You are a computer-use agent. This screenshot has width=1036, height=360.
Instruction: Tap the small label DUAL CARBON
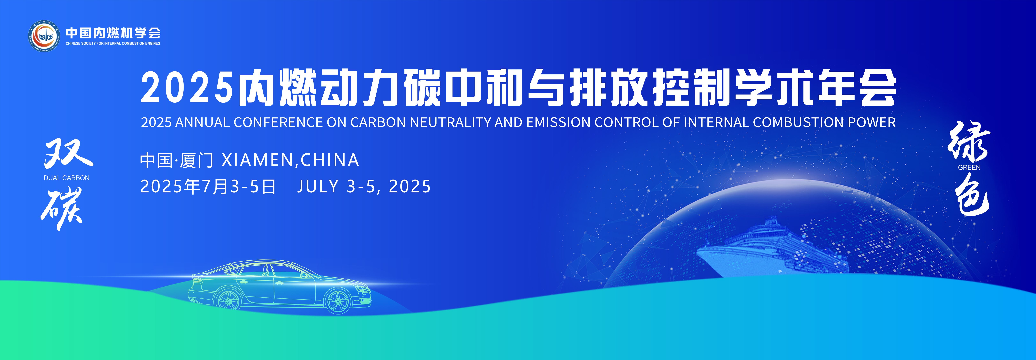(66, 178)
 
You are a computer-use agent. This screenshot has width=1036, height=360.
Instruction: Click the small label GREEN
(969, 167)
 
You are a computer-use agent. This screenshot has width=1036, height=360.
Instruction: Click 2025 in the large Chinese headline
(187, 87)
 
